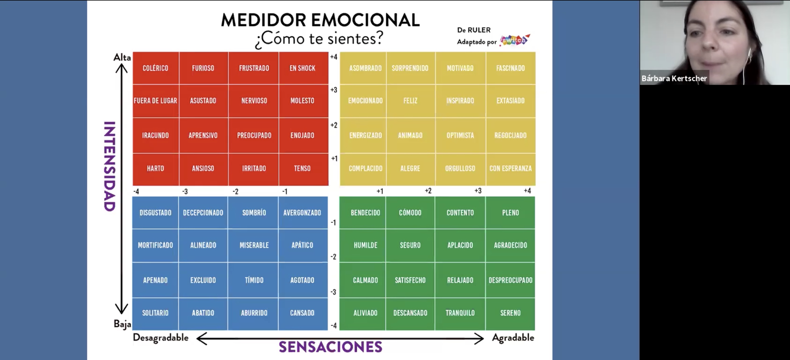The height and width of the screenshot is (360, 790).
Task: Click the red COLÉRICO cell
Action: tap(156, 68)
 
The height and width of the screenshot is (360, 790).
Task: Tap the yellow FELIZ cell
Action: tap(411, 101)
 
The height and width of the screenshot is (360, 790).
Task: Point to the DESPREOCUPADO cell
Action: tap(510, 280)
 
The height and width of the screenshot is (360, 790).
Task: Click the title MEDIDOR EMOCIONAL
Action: tap(320, 20)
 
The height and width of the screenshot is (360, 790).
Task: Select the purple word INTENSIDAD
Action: tap(109, 166)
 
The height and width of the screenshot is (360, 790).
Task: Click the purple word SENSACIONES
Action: tap(330, 347)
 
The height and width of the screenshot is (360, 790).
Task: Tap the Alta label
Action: tap(122, 57)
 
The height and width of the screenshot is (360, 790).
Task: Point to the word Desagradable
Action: tap(161, 337)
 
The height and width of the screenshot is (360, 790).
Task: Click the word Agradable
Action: tap(513, 337)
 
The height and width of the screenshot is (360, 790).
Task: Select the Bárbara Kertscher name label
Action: tap(674, 78)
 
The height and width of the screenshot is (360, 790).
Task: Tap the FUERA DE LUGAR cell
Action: tap(156, 101)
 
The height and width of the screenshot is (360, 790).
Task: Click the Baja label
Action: tap(122, 324)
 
